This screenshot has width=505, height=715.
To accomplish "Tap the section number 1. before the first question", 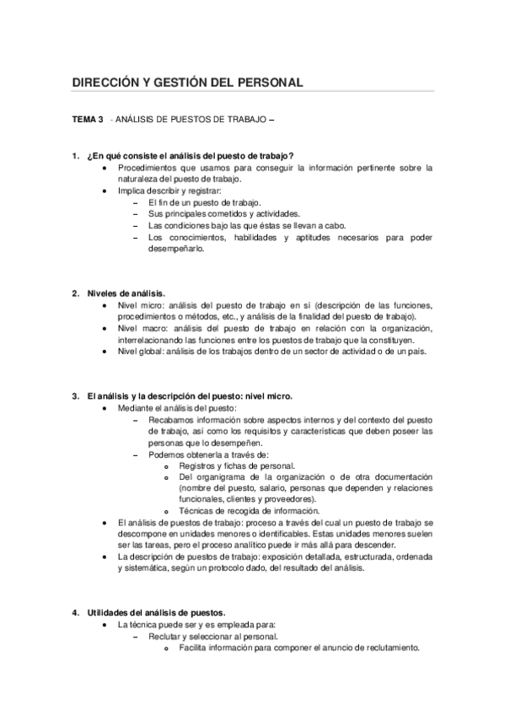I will click(x=75, y=155).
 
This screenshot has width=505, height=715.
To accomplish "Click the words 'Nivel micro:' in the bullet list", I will click(x=142, y=304).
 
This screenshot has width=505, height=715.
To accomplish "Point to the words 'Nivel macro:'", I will click(x=144, y=327).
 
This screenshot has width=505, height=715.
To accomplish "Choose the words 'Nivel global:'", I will click(x=145, y=350).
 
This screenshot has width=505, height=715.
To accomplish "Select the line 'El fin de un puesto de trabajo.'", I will click(x=204, y=202).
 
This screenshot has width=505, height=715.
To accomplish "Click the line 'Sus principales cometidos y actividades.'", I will click(x=223, y=214).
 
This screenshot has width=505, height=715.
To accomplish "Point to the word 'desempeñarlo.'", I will click(x=175, y=249).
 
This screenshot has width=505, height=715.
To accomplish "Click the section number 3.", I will click(x=75, y=395).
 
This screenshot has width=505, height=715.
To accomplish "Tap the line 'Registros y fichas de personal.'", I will click(x=237, y=465).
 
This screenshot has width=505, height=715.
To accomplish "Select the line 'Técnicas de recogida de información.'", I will click(x=249, y=511).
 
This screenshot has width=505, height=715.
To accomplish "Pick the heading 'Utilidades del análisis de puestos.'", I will click(x=156, y=612).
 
